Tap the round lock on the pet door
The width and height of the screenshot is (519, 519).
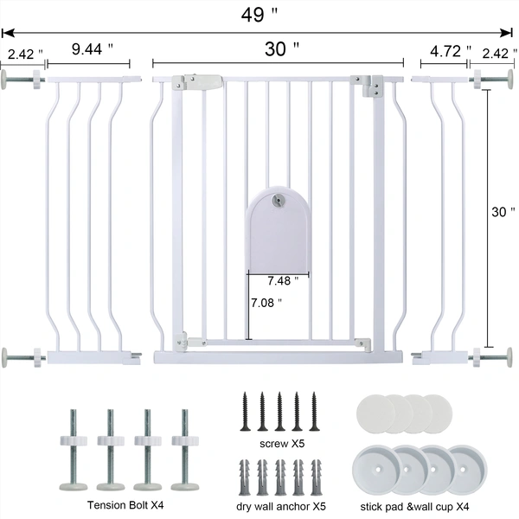coord(277,199)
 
